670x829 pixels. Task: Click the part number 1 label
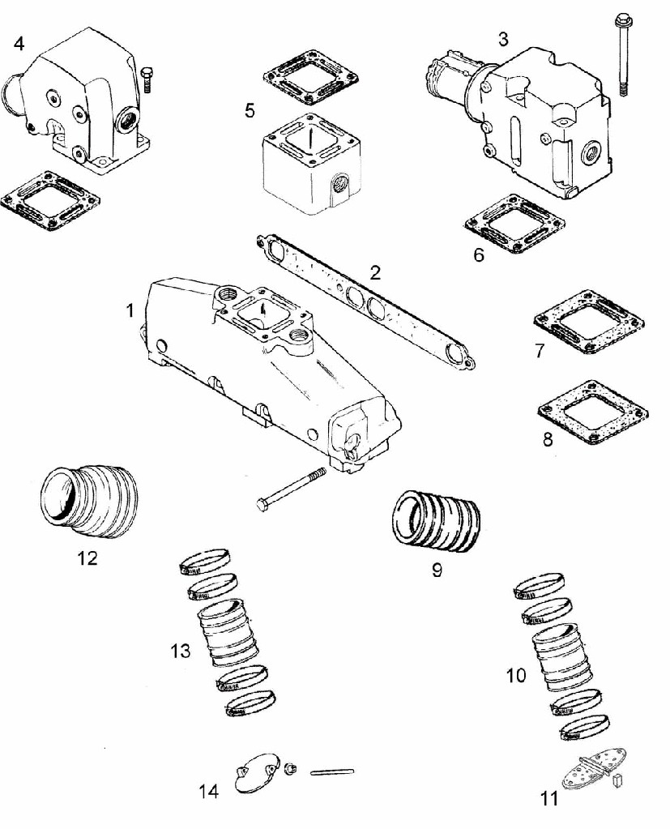coord(130,310)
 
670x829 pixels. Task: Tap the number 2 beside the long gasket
coord(374,272)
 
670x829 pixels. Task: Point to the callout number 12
coord(87,558)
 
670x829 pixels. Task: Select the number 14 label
coord(209,791)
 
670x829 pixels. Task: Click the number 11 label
coord(549,799)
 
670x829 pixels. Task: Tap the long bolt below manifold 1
coord(292,489)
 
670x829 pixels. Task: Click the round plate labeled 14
coord(254,771)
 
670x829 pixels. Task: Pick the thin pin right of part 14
coord(331,770)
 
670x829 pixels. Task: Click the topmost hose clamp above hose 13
coord(203,558)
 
